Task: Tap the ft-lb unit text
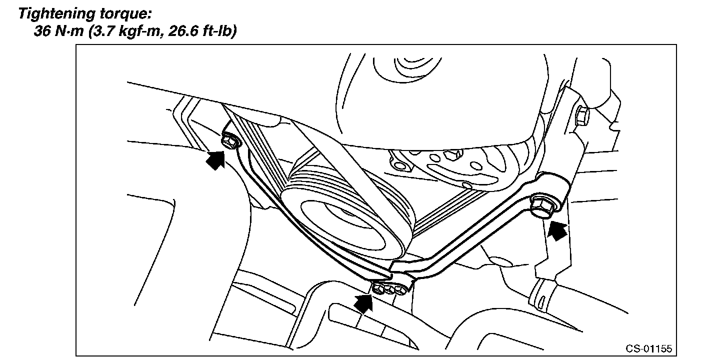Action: pos(215,32)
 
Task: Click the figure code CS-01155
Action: pos(649,348)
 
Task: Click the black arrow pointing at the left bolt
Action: pos(215,160)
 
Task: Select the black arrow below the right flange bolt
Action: pos(557,230)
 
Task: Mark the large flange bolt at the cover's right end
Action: pos(541,205)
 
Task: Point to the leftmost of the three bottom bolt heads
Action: pos(379,288)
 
